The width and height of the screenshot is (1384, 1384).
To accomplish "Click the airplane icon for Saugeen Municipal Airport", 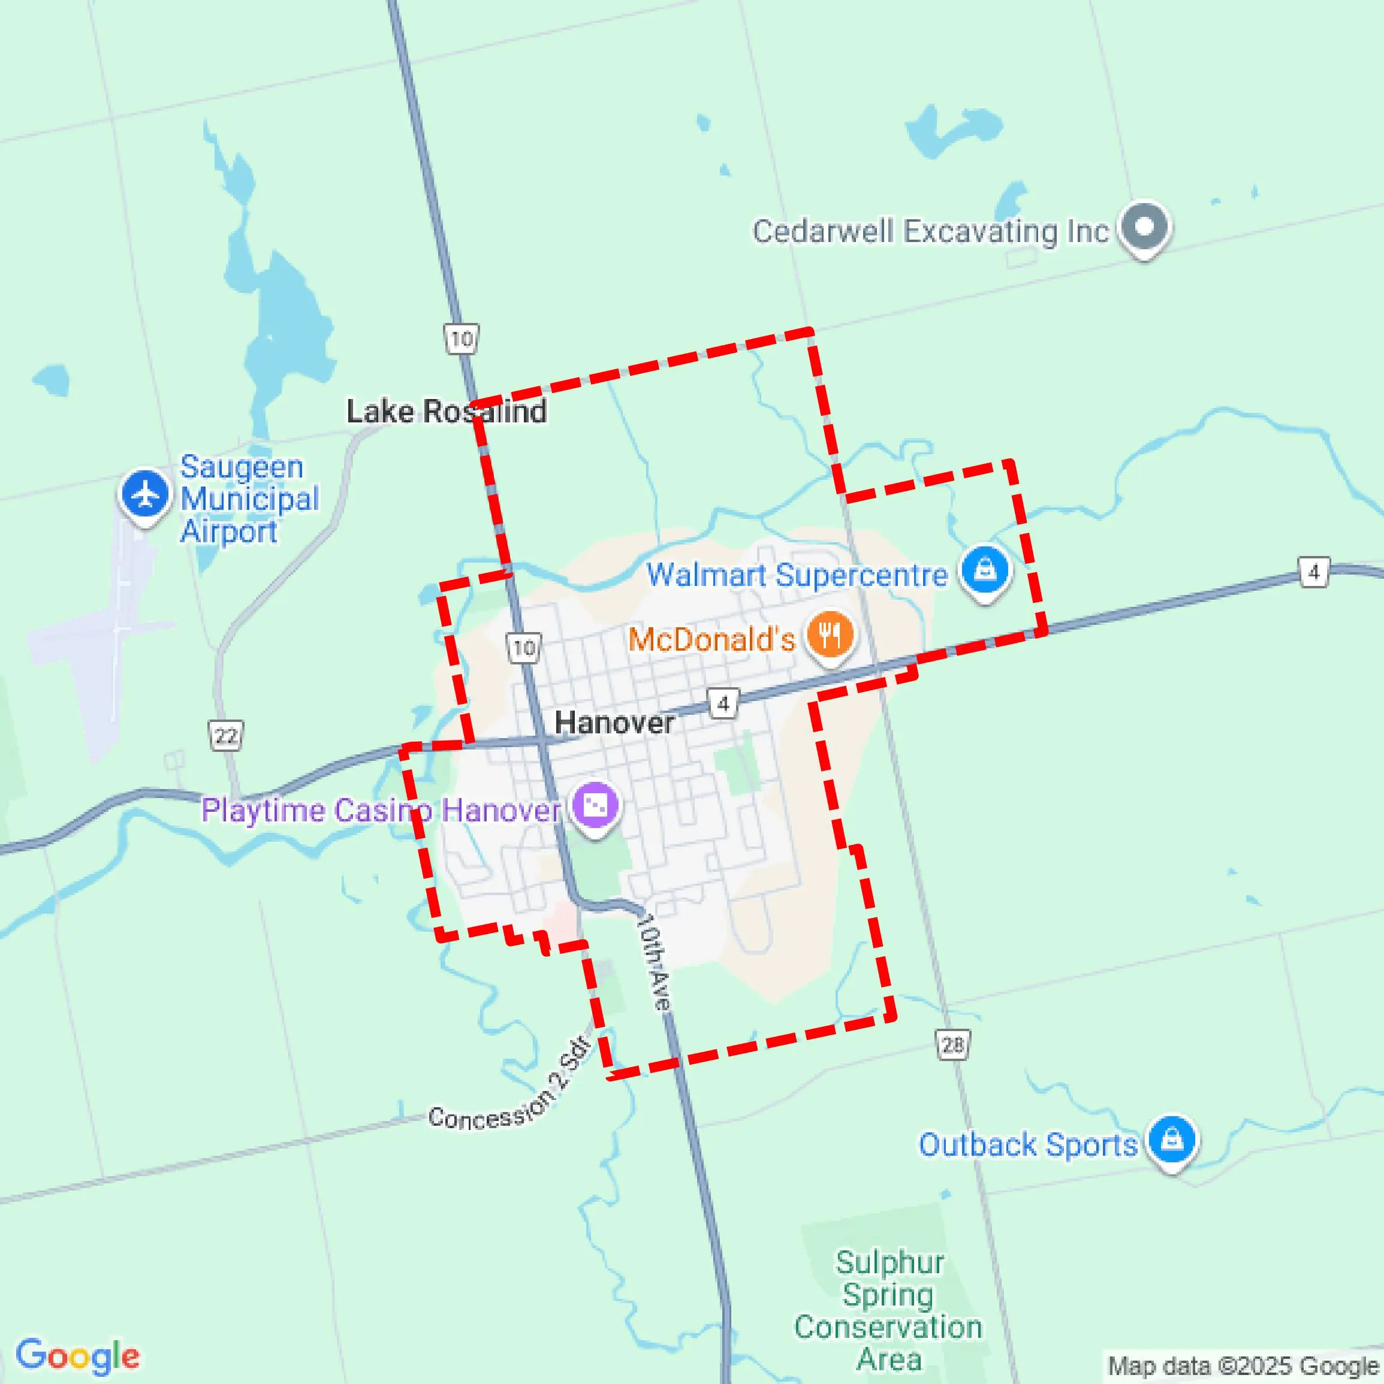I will point(146,494).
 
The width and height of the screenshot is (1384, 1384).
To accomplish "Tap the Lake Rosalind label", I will point(446,411).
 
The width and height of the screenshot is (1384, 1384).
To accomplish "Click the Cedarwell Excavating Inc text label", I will point(930,231).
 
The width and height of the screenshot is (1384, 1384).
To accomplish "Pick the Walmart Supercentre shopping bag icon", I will point(985,571).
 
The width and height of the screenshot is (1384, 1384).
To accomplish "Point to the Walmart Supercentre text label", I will point(797,575).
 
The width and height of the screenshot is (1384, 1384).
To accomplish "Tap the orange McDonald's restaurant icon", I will point(830,634).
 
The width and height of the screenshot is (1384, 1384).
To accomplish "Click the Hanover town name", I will point(614,722).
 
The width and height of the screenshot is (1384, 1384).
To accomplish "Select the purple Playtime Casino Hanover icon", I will point(595,805).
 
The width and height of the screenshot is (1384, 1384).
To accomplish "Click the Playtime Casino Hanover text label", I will point(381,810).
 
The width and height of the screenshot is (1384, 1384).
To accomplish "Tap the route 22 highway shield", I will point(227,736).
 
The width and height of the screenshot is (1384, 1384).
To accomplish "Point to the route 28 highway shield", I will point(953,1045).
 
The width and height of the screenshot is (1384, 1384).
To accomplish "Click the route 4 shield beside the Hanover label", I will point(723,703).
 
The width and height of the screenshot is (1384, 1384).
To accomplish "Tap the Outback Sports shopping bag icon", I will point(1171,1138).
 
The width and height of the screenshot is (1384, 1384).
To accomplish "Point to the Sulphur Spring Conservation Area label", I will point(889,1310).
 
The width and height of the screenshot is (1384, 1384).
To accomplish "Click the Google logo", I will point(77,1355).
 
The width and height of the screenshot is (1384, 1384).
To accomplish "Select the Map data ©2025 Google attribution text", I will point(1244,1365).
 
